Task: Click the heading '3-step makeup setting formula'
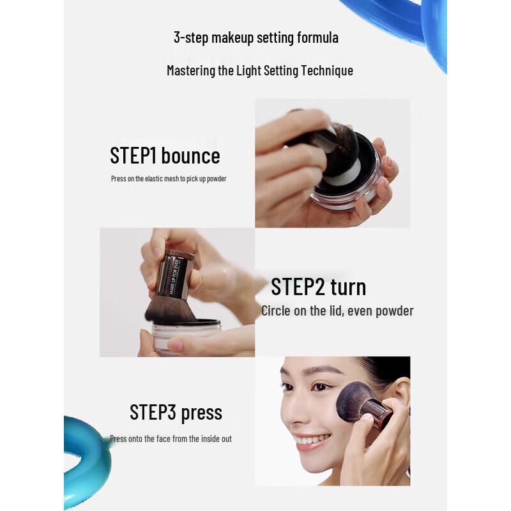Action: pyautogui.click(x=256, y=38)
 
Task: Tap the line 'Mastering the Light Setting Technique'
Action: pyautogui.click(x=259, y=70)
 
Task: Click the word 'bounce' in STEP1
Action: pyautogui.click(x=190, y=156)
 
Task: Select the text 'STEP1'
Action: pyautogui.click(x=133, y=156)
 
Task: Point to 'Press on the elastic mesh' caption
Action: pyautogui.click(x=169, y=179)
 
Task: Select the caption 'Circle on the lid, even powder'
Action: pyautogui.click(x=337, y=311)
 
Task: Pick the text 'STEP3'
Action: pyautogui.click(x=153, y=413)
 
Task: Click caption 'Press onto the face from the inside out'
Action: pyautogui.click(x=171, y=439)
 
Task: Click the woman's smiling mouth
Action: pyautogui.click(x=313, y=441)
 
